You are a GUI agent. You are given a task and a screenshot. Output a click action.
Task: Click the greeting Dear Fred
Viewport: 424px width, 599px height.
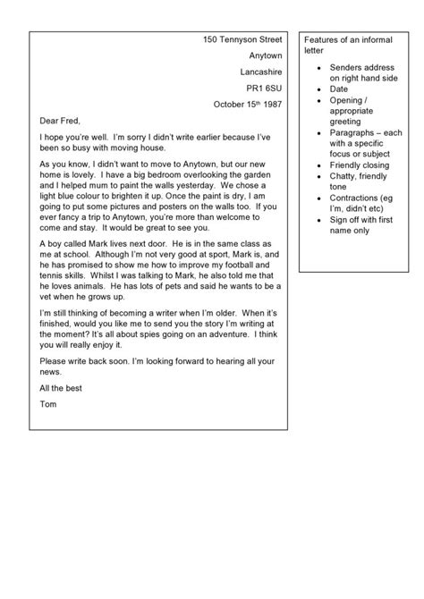point(61,121)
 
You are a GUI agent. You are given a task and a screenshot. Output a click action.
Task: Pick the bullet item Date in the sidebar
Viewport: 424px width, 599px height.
point(339,89)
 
